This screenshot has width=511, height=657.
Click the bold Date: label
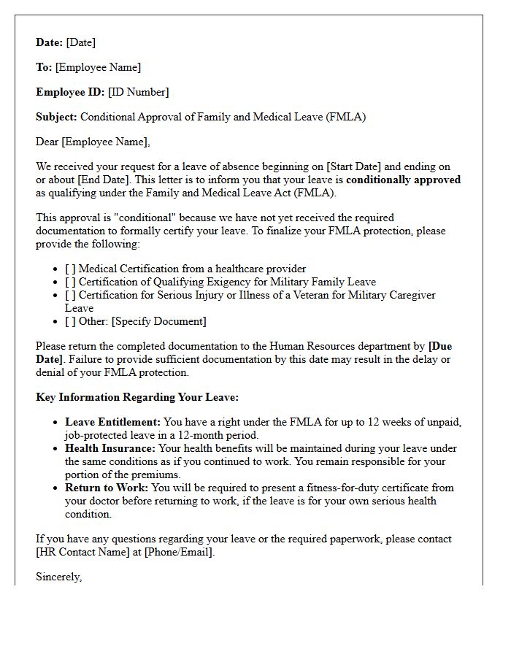(50, 42)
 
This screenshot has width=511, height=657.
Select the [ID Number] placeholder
(138, 92)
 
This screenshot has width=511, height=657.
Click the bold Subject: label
(57, 117)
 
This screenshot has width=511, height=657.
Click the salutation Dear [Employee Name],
(93, 142)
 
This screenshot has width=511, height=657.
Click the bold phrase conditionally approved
(404, 180)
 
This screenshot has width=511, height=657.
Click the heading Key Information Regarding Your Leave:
(137, 397)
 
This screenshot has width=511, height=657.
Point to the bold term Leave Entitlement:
(112, 422)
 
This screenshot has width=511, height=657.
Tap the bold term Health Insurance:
(111, 448)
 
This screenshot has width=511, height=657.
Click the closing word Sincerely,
(59, 577)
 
